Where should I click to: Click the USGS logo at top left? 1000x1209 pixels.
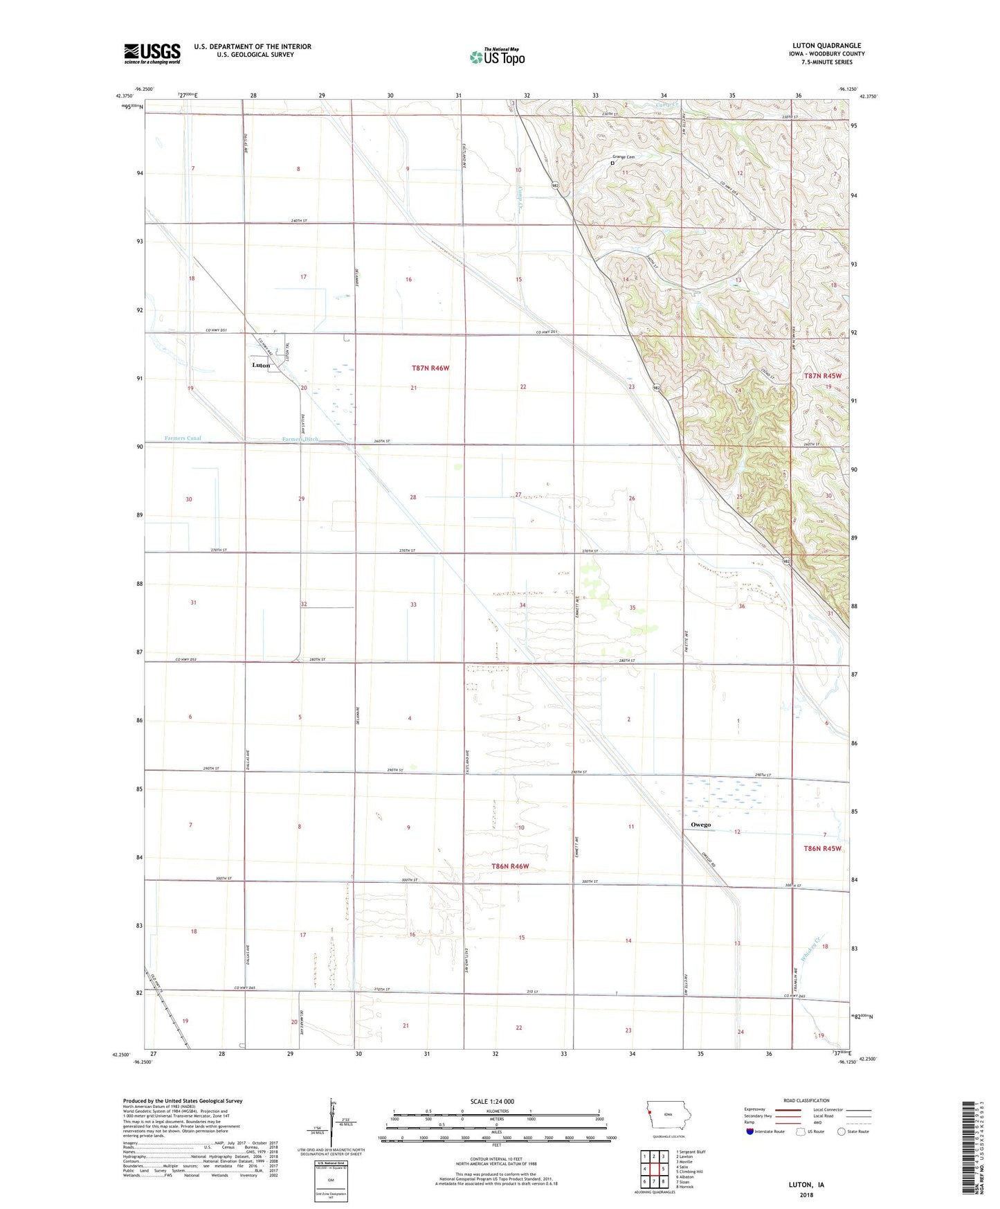(152, 53)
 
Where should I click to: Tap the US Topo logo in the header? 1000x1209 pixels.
(496, 57)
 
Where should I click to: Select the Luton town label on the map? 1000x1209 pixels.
(261, 365)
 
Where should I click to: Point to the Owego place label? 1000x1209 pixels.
(700, 825)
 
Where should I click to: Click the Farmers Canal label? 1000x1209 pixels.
(183, 438)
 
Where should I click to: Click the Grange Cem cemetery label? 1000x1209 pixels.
(622, 157)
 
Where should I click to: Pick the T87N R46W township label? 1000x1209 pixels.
(430, 368)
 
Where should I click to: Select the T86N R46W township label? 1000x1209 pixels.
(510, 866)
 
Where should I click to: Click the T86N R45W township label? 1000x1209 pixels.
(822, 848)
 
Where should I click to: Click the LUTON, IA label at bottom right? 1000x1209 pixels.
(806, 1185)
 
